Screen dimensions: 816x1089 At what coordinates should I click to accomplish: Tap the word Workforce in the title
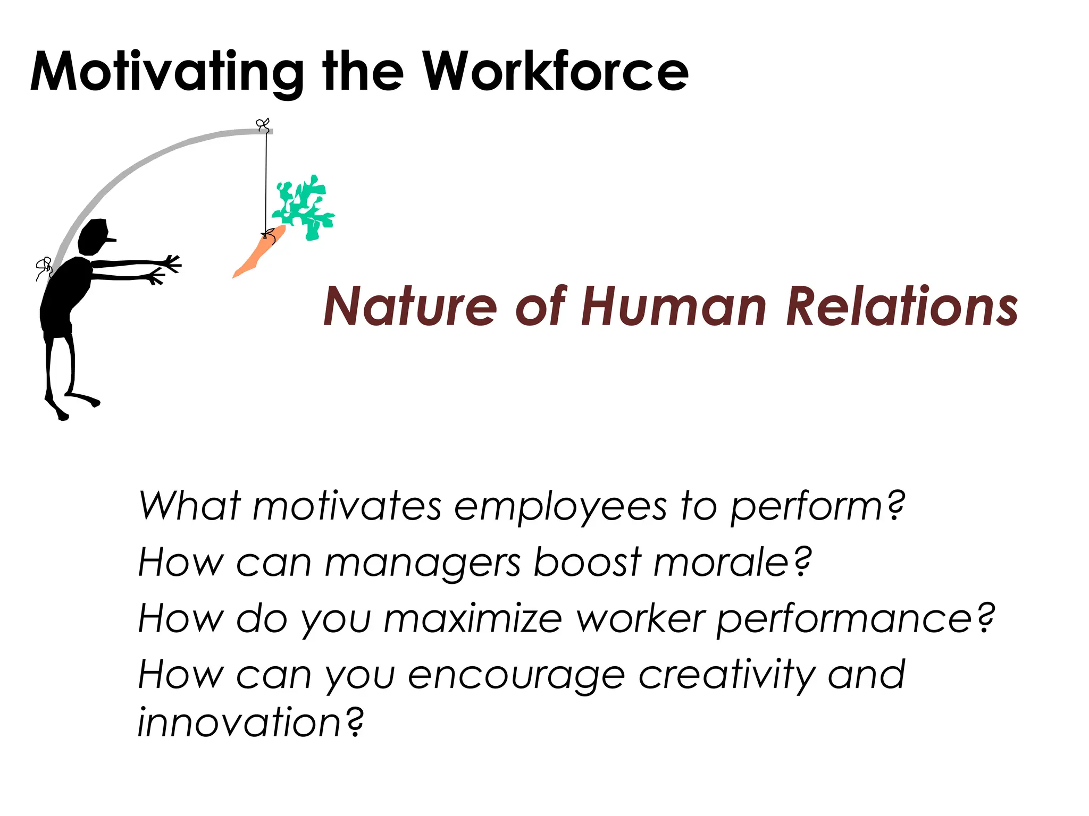555,72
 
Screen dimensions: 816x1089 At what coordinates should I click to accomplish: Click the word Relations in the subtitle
902,307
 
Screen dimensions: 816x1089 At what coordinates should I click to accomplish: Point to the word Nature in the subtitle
410,307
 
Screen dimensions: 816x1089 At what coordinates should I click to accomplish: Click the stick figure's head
94,236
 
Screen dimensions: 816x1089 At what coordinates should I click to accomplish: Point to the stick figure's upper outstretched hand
172,262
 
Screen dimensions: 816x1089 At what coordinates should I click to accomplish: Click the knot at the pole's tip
263,125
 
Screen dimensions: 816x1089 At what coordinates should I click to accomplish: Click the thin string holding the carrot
266,181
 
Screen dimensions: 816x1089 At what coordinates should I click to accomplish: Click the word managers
422,563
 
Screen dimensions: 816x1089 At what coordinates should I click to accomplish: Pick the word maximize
473,619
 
